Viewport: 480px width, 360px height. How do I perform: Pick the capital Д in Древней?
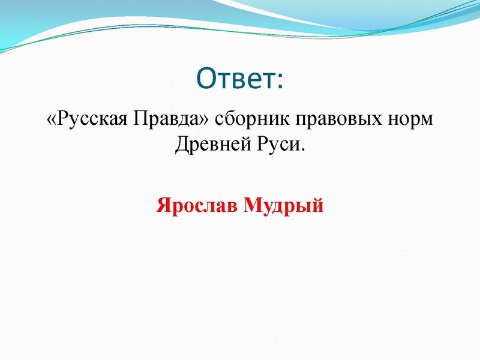(182, 145)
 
